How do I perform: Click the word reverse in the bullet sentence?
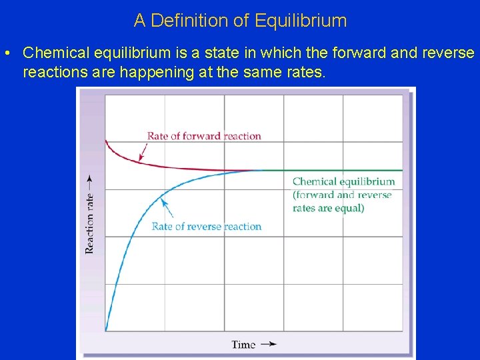pyautogui.click(x=449, y=53)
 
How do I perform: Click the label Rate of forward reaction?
pyautogui.click(x=204, y=136)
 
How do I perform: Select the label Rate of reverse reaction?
pyautogui.click(x=207, y=227)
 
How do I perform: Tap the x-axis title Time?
pyautogui.click(x=243, y=345)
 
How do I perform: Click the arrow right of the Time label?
pyautogui.click(x=268, y=344)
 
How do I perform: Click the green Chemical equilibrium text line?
pyautogui.click(x=343, y=181)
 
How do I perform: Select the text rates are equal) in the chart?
pyautogui.click(x=328, y=208)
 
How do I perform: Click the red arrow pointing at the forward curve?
pyautogui.click(x=143, y=153)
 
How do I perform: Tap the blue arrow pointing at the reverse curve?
pyautogui.click(x=168, y=208)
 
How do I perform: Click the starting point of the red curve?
pyautogui.click(x=106, y=141)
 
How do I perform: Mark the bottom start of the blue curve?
pyautogui.click(x=106, y=330)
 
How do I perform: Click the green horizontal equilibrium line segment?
pyautogui.click(x=333, y=171)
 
